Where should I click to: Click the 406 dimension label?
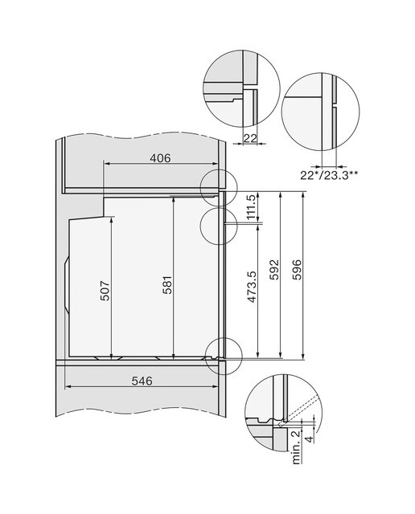pyautogui.click(x=160, y=158)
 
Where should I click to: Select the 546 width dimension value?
pyautogui.click(x=142, y=381)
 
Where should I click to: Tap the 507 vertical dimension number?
pyautogui.click(x=105, y=291)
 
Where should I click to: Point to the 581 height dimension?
pyautogui.click(x=166, y=285)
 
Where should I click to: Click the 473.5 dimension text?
pyautogui.click(x=253, y=286)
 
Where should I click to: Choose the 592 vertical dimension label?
pyautogui.click(x=273, y=270)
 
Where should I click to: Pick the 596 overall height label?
pyautogui.click(x=297, y=270)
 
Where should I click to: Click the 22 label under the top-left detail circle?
pyautogui.click(x=250, y=138)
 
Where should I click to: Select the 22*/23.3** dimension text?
pyautogui.click(x=329, y=175)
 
